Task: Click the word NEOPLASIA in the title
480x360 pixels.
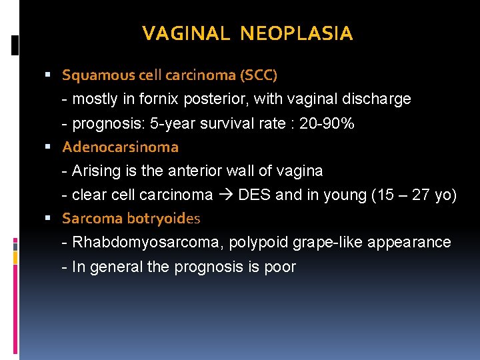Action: [x=297, y=33]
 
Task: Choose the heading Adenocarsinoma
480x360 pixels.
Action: [x=120, y=147]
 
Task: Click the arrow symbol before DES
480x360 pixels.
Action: [x=227, y=195]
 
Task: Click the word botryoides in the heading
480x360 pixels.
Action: [x=163, y=218]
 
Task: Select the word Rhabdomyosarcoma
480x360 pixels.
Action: [x=147, y=242]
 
